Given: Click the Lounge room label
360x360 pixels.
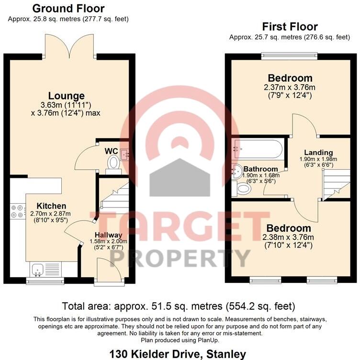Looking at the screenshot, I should pyautogui.click(x=69, y=96).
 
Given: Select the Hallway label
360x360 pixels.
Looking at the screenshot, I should pyautogui.click(x=108, y=235).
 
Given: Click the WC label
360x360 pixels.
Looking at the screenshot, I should pyautogui.click(x=112, y=151).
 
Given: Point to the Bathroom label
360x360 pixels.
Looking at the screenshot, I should pyautogui.click(x=260, y=169).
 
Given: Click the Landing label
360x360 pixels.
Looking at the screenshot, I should pyautogui.click(x=321, y=153).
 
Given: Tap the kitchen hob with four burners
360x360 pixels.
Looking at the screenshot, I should pyautogui.click(x=17, y=211).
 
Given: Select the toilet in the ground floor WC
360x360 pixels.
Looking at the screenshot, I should pyautogui.click(x=113, y=164).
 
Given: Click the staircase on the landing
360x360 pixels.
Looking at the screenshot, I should pyautogui.click(x=334, y=187).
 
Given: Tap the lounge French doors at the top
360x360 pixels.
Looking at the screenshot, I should pyautogui.click(x=69, y=45).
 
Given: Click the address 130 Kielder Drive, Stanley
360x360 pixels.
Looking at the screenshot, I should pyautogui.click(x=178, y=354).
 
